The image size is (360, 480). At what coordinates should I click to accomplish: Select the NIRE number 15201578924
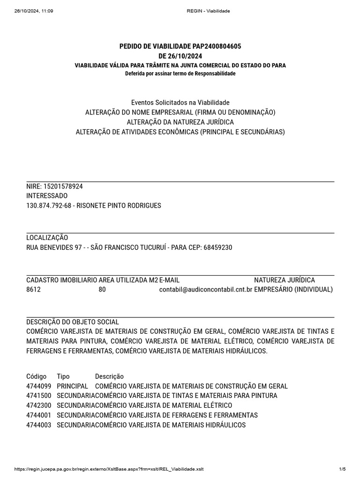(x=63, y=186)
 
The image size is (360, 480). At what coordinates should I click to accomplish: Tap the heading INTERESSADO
(x=47, y=195)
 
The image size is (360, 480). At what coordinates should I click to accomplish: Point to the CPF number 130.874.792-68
(x=49, y=205)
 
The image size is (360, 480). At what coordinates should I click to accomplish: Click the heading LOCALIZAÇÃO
(x=47, y=238)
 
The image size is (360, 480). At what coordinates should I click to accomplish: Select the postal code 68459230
(x=218, y=247)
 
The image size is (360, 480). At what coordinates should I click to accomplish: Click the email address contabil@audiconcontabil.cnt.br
(x=206, y=290)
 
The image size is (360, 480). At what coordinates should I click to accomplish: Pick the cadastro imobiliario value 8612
(x=33, y=290)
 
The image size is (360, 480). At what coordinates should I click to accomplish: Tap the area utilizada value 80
(x=102, y=290)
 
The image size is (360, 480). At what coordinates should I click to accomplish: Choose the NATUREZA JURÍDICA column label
(x=285, y=280)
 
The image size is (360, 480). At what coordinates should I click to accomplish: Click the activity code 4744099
(x=38, y=386)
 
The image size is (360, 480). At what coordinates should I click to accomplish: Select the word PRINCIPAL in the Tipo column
(x=72, y=386)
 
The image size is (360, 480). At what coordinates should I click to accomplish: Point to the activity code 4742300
(x=38, y=405)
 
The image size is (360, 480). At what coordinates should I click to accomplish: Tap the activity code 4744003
(x=38, y=425)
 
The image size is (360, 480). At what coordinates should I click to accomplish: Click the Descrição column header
(x=109, y=376)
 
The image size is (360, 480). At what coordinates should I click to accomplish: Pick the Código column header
(x=37, y=376)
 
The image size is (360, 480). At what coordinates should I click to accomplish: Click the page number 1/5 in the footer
(x=342, y=469)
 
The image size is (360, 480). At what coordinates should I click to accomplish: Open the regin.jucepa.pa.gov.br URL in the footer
(x=109, y=469)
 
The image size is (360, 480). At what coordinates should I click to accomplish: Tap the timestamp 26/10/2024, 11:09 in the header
(x=34, y=11)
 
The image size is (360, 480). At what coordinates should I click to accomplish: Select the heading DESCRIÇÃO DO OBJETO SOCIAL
(x=73, y=322)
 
